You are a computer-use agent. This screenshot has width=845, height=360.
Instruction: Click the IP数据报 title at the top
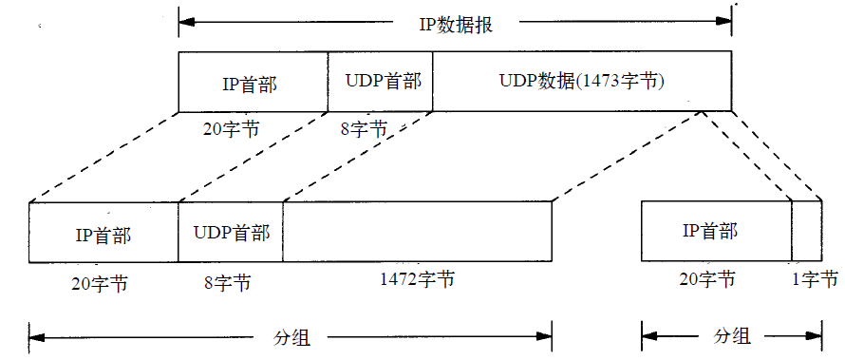click(x=455, y=25)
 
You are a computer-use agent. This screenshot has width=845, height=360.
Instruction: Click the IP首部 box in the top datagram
click(x=253, y=83)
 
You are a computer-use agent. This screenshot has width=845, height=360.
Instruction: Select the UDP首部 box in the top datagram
click(x=380, y=83)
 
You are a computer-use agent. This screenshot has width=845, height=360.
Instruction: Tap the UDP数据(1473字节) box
click(x=581, y=83)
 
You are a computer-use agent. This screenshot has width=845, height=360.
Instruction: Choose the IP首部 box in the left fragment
click(x=103, y=233)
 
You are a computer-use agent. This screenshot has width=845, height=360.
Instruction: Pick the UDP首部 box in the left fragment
click(x=230, y=233)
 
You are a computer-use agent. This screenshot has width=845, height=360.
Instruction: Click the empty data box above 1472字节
click(x=418, y=232)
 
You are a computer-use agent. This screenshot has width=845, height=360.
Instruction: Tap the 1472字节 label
click(x=417, y=280)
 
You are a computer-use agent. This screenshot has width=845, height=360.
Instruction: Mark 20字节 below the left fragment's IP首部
click(x=100, y=282)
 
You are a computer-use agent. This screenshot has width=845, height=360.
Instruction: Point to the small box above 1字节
click(x=807, y=231)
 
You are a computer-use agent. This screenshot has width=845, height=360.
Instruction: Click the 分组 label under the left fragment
click(x=291, y=336)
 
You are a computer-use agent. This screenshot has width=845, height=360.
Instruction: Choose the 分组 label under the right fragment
click(x=732, y=336)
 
